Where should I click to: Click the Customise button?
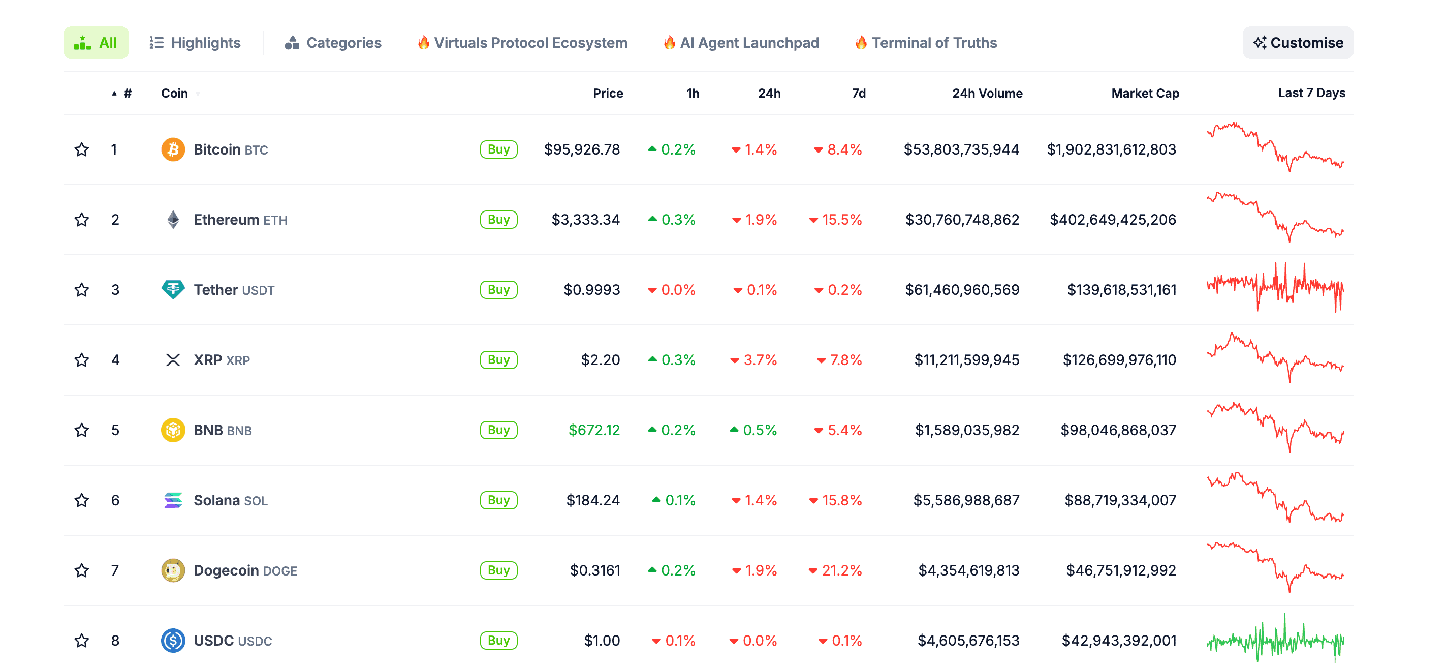pos(1298,43)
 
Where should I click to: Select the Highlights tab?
pos(195,43)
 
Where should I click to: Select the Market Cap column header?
pos(1144,94)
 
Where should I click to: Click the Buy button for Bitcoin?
pos(498,149)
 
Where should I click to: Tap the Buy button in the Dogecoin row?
pos(498,570)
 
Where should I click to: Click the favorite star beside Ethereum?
pos(82,220)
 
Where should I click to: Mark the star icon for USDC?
pos(82,641)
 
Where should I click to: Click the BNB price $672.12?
pos(594,430)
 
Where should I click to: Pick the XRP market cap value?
pos(1119,360)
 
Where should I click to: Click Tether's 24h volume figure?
pos(962,290)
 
